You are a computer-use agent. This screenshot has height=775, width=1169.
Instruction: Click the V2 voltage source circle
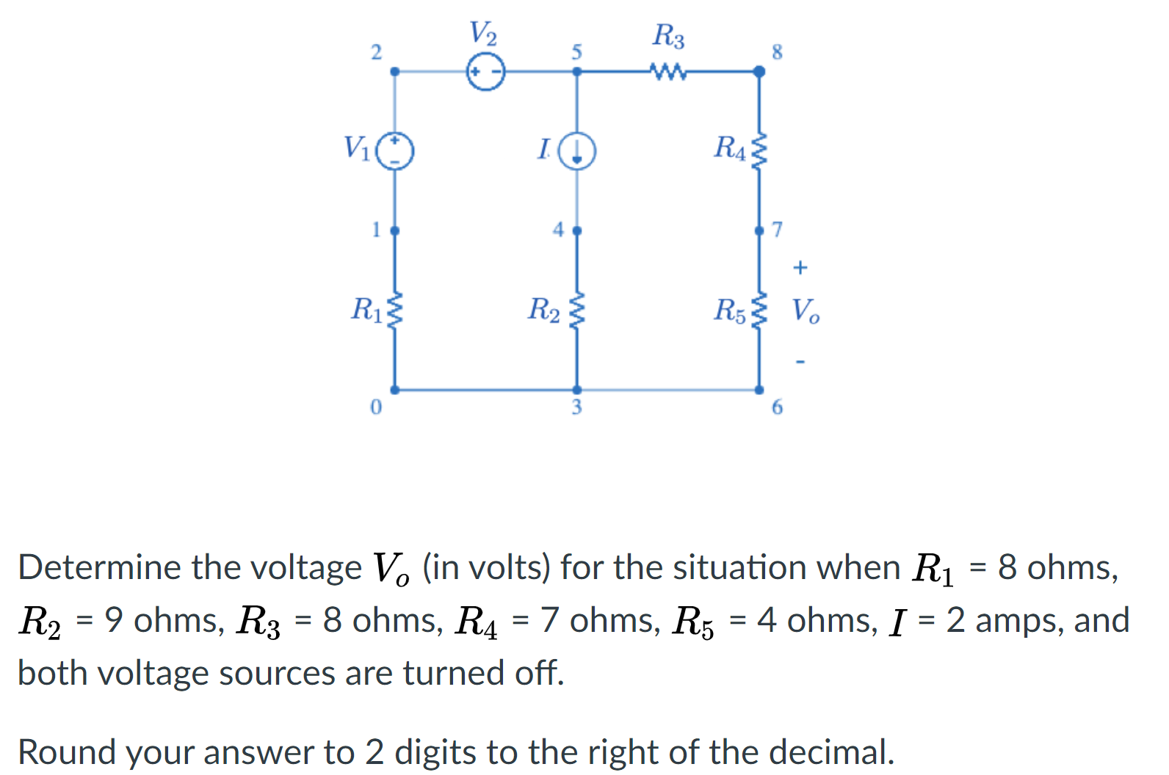(486, 72)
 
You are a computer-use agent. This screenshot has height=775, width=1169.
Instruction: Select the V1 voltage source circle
(395, 150)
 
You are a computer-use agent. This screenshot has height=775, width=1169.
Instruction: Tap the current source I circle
(577, 151)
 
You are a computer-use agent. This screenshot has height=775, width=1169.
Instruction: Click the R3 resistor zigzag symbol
(667, 72)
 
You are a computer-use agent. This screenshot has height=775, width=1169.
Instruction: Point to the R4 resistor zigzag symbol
(760, 150)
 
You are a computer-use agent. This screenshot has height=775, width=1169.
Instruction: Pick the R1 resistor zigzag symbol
(395, 310)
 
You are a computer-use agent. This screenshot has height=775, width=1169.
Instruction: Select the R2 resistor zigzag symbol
(577, 310)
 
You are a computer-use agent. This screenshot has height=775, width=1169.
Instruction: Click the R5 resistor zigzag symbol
(760, 310)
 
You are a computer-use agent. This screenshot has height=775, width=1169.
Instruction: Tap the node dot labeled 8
(759, 71)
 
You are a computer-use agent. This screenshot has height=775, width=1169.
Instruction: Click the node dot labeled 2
(395, 71)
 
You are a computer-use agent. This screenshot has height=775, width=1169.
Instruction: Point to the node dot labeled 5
(577, 71)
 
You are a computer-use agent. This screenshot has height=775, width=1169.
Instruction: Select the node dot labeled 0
(395, 390)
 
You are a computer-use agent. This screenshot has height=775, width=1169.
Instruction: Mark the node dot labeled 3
(577, 390)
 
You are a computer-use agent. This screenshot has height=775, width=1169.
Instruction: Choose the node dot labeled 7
(759, 230)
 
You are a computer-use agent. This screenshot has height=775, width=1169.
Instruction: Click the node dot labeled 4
(577, 230)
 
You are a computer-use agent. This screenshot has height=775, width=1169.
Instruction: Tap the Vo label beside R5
(806, 311)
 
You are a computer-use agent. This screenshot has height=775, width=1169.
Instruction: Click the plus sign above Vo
(800, 267)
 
